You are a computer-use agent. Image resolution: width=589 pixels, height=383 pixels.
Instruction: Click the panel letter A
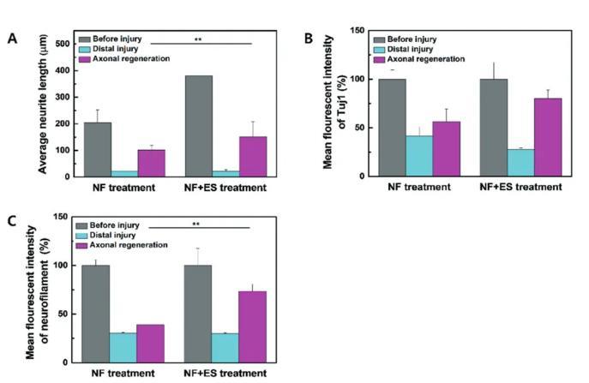pos(12,39)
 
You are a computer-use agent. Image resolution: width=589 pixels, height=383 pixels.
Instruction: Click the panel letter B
pos(310,38)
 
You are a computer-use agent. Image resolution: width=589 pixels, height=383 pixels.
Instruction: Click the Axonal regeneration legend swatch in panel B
pos(382,59)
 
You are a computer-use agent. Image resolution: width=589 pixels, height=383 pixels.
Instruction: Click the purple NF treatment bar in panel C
pos(150,343)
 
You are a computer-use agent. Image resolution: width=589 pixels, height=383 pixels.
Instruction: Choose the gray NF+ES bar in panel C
pos(199,314)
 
